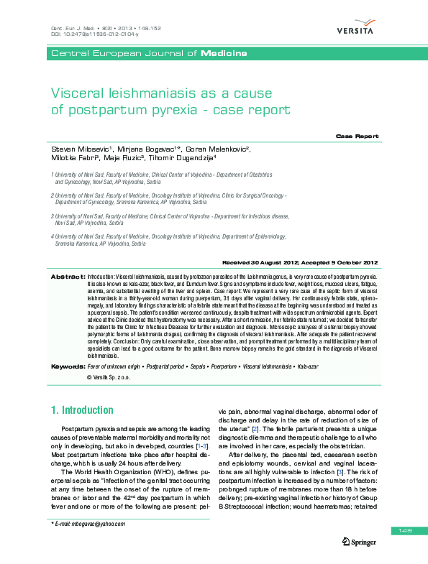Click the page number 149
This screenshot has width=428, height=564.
403,530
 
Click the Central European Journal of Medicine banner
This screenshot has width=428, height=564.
148,54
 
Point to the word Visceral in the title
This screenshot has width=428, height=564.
76,93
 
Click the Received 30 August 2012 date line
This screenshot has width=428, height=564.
301,263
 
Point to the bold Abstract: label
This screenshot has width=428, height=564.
67,276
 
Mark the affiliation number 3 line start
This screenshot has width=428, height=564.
53,215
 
